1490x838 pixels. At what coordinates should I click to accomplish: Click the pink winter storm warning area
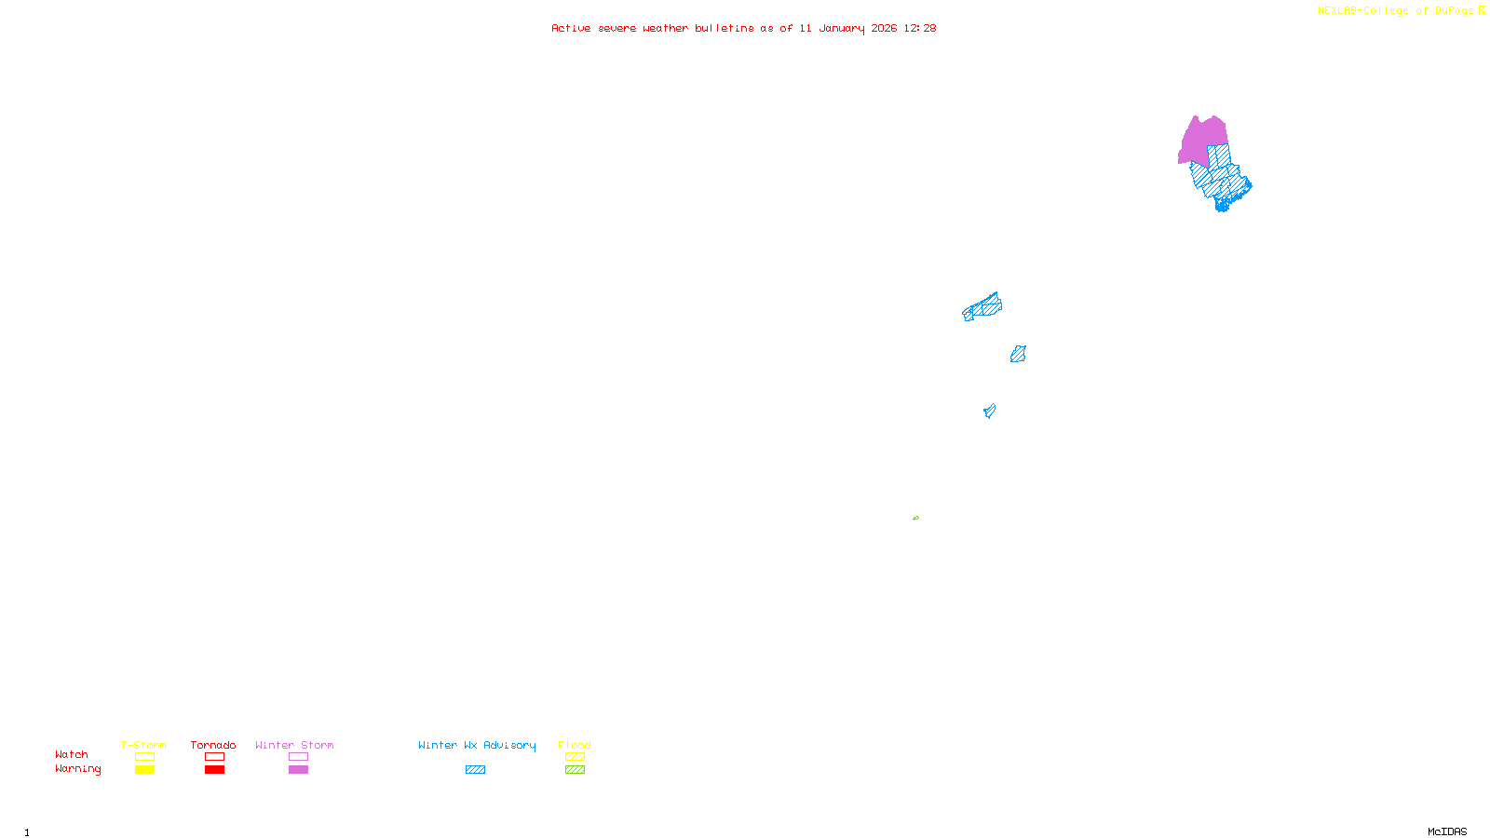coord(1201,140)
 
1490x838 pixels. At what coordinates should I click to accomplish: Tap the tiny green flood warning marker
coord(915,518)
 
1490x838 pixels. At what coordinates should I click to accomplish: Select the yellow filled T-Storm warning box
coord(144,770)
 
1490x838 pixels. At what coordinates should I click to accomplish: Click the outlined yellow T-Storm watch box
coord(144,757)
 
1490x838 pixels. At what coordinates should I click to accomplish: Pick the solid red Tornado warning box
coord(214,770)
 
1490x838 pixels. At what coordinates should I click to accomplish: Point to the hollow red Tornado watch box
coord(214,757)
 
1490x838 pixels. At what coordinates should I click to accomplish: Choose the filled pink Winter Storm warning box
coord(298,770)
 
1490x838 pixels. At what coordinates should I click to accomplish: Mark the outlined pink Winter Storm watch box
coord(298,757)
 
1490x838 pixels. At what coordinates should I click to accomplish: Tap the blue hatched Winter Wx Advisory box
coord(475,770)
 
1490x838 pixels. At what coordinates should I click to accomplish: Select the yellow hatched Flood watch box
coord(575,757)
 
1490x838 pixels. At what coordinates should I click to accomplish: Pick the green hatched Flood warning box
coord(575,770)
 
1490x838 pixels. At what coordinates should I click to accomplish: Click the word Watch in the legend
coord(72,754)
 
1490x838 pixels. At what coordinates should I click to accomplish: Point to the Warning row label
coord(77,769)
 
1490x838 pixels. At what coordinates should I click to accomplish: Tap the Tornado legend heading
coord(213,745)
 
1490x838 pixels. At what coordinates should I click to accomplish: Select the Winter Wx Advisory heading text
coord(477,745)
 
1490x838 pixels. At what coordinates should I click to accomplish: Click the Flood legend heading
coord(575,745)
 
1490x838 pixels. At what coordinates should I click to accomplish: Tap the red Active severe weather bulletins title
coord(743,28)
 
